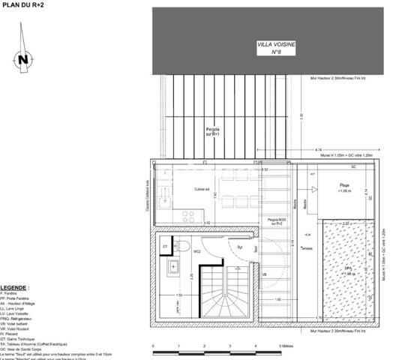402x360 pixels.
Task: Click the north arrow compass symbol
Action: coord(23,59)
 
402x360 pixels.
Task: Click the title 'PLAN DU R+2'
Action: coord(22,5)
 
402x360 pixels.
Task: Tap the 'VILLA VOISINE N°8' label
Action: coord(276,49)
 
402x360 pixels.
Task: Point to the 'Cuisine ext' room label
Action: coord(201,190)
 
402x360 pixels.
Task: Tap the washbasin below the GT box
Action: coord(172,266)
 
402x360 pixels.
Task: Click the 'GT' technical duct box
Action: coord(166,246)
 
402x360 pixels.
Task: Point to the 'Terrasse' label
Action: coord(305,248)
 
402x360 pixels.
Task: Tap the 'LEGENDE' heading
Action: coord(15,287)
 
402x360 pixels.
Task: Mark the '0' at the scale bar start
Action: coord(153,346)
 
